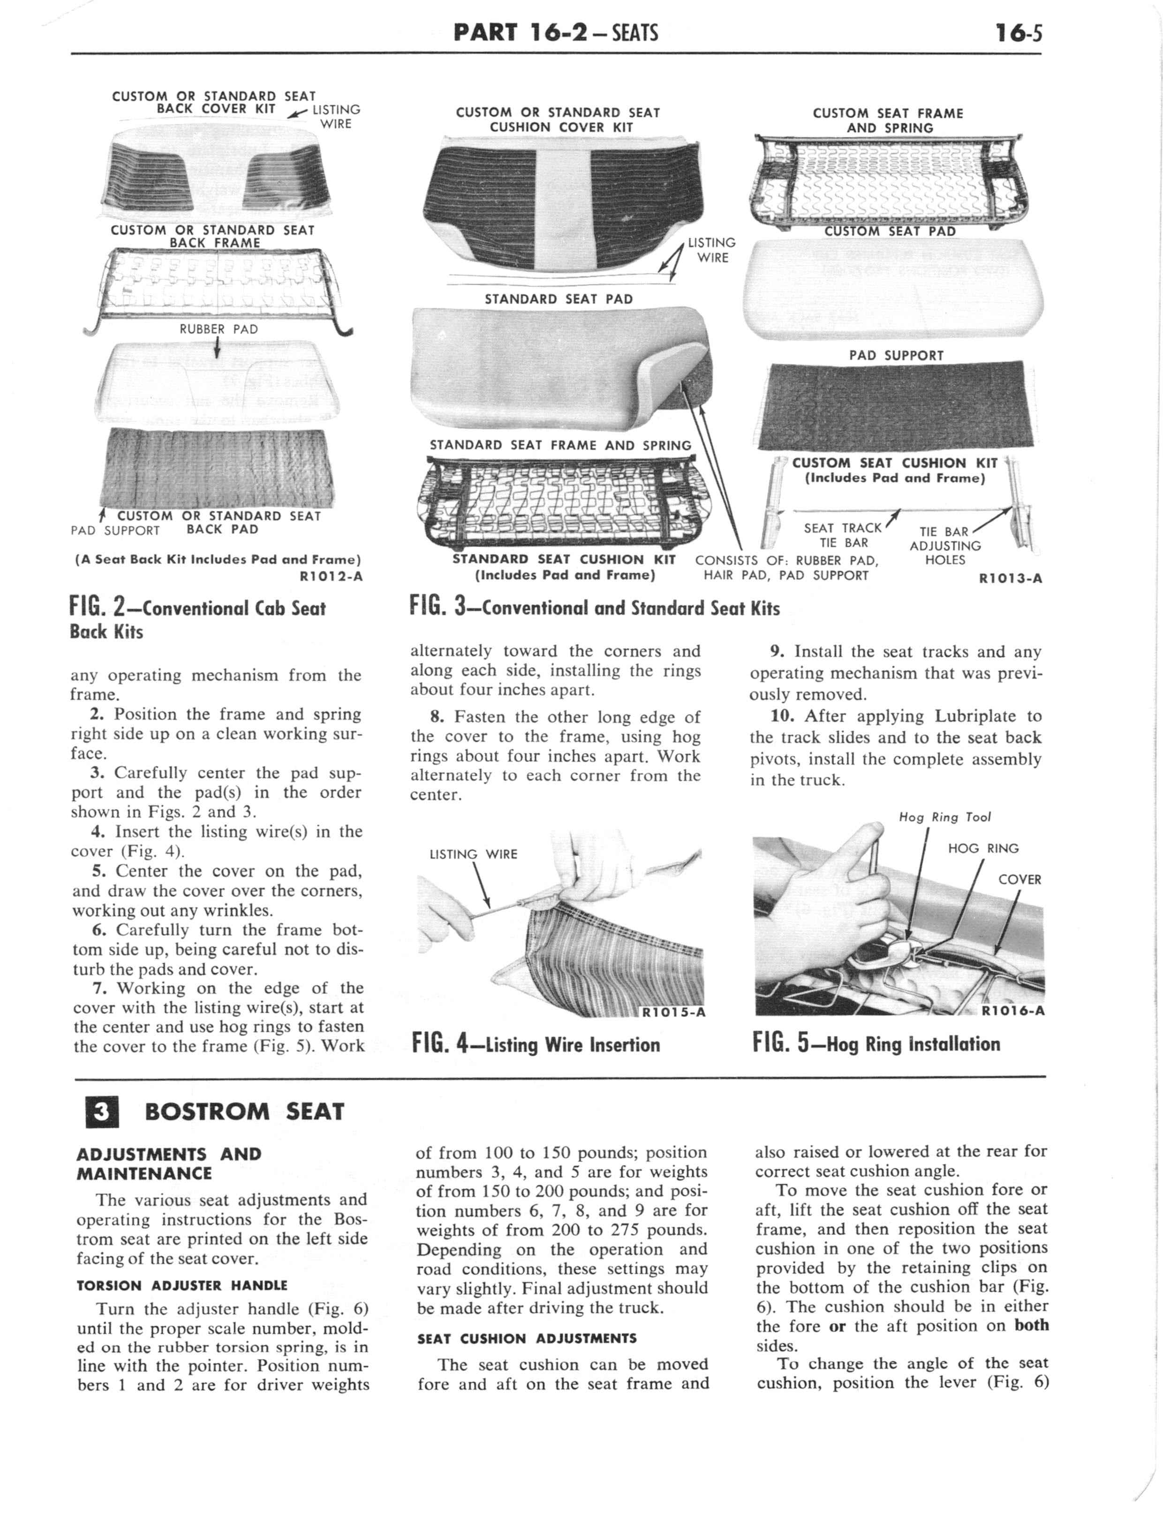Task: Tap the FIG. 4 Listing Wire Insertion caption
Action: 536,1043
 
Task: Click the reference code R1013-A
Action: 1010,578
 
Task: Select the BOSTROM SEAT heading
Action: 244,1112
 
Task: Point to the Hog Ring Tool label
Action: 945,817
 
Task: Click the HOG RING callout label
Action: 983,848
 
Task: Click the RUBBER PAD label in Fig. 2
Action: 219,329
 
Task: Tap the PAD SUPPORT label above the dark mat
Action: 897,355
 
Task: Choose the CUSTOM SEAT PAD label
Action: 890,231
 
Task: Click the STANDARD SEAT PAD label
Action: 559,299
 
